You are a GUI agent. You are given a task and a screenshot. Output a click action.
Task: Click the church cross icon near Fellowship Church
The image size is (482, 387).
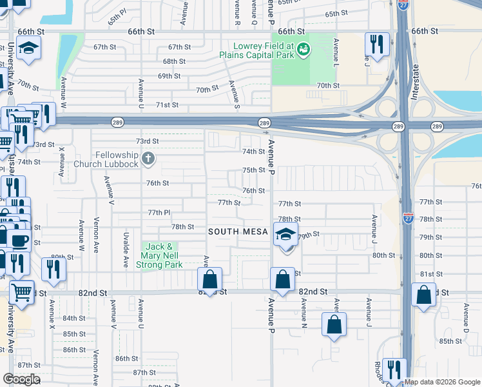pos(148,157)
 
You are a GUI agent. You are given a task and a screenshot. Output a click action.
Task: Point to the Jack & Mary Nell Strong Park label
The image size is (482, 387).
pos(164,255)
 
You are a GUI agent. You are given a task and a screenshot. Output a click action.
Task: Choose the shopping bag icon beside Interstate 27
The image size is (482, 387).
pos(423,295)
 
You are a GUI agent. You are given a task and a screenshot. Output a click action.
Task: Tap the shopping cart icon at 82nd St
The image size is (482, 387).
pos(21,292)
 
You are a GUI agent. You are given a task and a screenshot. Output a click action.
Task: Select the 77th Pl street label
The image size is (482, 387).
pos(159,212)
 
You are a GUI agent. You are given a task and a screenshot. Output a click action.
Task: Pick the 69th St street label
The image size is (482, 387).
pos(169,75)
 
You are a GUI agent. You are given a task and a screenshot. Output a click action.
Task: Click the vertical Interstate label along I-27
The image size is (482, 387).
pos(414,81)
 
